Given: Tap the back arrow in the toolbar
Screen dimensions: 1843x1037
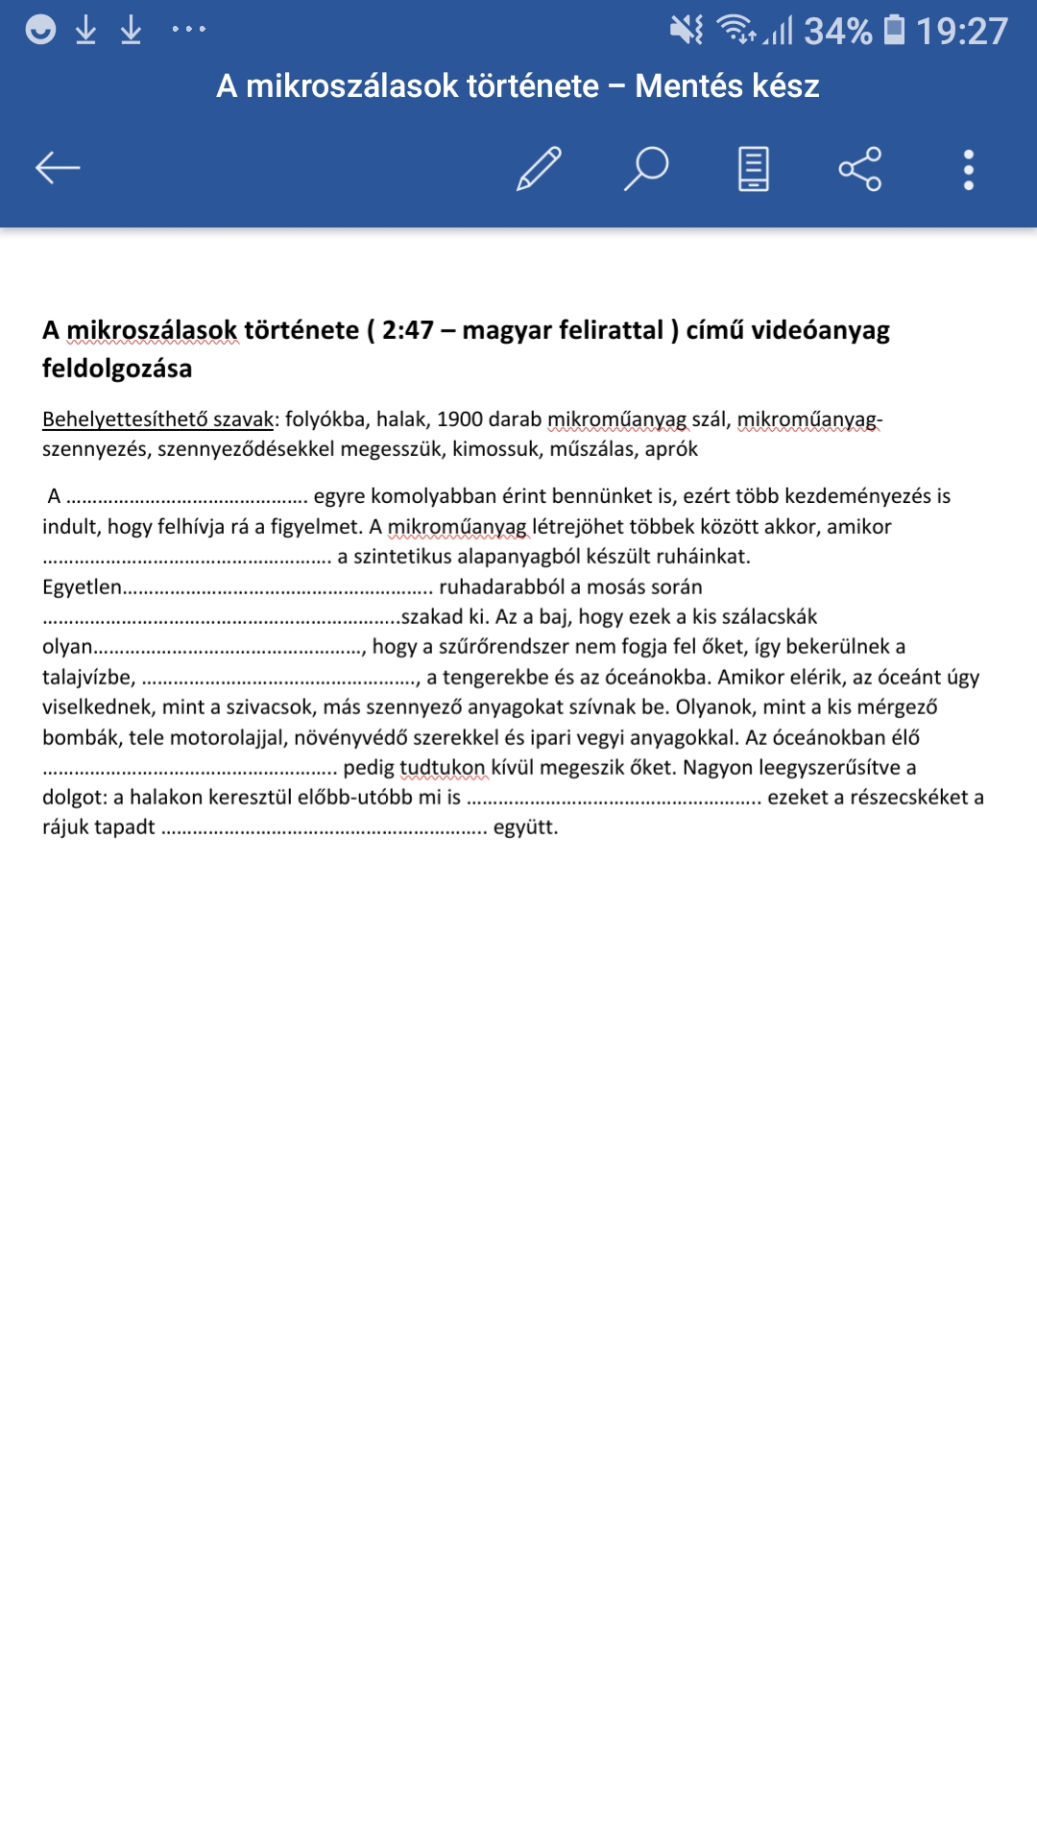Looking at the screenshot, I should pos(58,168).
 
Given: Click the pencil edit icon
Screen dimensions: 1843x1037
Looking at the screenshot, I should pos(539,169).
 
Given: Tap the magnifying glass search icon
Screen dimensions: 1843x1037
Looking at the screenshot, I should pos(646,169).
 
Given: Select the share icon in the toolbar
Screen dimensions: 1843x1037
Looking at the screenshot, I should pos(859,169).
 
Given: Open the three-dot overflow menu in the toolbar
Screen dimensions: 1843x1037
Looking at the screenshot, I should pos(968,170).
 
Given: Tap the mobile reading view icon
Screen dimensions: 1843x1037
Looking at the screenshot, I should pos(754,169).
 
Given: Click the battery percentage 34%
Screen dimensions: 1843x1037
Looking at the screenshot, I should pos(837,31).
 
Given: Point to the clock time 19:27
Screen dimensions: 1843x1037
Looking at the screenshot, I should pos(961,31).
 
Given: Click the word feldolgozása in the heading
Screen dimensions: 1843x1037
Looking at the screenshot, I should pos(117,369).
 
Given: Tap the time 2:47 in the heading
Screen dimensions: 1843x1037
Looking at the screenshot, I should pos(408,330).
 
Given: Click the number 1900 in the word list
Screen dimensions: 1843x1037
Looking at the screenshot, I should pos(459,419).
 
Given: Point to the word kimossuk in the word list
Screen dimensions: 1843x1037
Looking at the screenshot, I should pos(495,449).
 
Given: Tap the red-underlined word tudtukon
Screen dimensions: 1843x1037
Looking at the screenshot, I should pos(443,768).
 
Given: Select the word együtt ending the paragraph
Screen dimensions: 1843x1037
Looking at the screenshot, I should pos(524,827).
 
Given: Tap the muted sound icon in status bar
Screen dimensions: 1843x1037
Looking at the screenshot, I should pos(687,30).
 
